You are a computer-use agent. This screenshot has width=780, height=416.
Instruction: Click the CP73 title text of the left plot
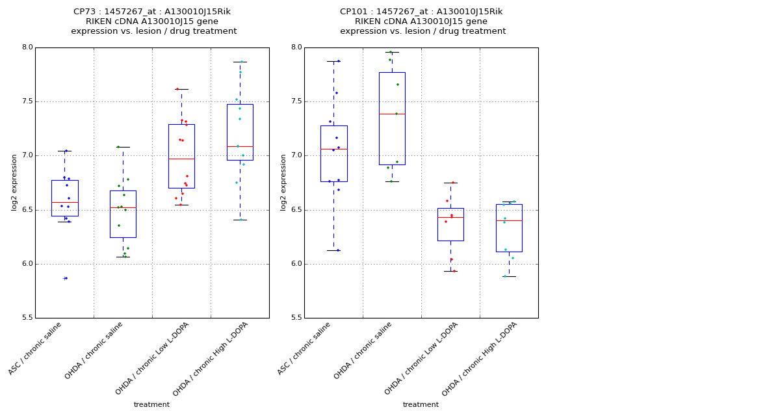pos(151,12)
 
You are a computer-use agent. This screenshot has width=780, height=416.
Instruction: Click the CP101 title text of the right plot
pos(421,12)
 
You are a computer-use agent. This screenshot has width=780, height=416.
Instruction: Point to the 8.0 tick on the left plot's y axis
pos(27,47)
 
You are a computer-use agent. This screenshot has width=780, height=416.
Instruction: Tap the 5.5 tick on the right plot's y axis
pos(296,318)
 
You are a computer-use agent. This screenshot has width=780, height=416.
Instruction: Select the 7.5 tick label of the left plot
pos(27,101)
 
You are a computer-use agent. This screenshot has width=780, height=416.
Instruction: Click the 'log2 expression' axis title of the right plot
pos(283,183)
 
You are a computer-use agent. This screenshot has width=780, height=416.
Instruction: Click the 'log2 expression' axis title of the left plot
pos(14,183)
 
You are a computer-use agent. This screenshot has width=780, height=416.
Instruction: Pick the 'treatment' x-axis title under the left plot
pos(151,404)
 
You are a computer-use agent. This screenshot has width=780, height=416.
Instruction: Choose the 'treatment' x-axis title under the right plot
pos(421,404)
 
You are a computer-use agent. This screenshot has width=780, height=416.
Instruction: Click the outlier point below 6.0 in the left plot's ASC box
pos(66,278)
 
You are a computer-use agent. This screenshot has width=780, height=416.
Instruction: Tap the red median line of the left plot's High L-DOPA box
pos(240,146)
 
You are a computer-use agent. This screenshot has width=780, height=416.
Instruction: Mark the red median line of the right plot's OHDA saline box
pos(392,114)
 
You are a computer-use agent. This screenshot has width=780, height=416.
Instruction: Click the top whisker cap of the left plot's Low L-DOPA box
pos(181,89)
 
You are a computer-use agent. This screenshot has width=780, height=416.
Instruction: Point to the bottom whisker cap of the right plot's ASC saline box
pos(333,250)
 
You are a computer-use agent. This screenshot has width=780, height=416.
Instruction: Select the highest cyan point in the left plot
pos(241,62)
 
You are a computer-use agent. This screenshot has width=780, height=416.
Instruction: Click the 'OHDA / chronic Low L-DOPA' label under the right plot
pos(422,358)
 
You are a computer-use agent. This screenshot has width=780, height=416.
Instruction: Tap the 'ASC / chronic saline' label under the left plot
pos(35,348)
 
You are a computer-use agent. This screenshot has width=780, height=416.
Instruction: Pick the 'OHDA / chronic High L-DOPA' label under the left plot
pos(211,359)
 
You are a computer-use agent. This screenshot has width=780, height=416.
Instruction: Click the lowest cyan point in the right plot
pos(504,276)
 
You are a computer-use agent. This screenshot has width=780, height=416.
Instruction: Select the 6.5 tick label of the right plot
pos(296,210)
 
